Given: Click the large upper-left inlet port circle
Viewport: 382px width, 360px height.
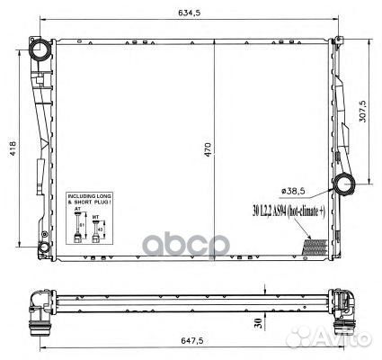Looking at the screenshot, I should point(40,51).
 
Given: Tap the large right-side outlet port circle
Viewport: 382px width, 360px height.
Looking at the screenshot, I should point(344,186).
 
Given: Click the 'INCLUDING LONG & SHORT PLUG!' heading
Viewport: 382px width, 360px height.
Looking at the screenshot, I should point(87,200).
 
